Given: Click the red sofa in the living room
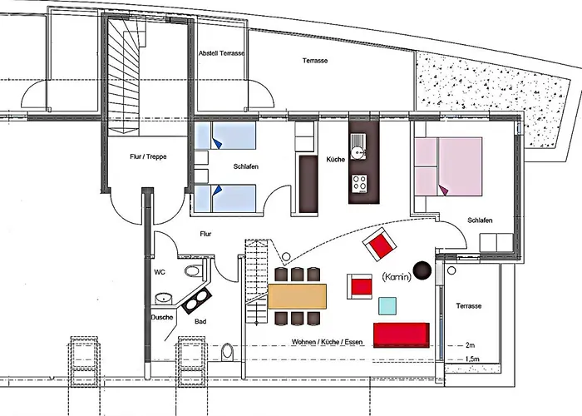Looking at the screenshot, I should (x=402, y=334).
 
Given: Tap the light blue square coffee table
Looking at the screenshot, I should (x=387, y=305).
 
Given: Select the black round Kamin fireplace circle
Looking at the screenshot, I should (x=423, y=269).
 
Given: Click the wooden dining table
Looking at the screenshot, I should (x=298, y=295).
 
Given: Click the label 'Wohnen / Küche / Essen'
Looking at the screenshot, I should (x=327, y=343).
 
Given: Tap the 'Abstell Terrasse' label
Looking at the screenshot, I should (x=221, y=53).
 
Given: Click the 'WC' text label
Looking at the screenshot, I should (x=160, y=271).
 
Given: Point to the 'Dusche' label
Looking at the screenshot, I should (x=162, y=317).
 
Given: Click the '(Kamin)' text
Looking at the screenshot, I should (x=395, y=277).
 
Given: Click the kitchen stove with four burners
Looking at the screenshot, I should (x=361, y=181).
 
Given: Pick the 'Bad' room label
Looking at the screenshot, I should (x=200, y=322).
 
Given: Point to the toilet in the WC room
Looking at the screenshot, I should (x=193, y=273).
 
